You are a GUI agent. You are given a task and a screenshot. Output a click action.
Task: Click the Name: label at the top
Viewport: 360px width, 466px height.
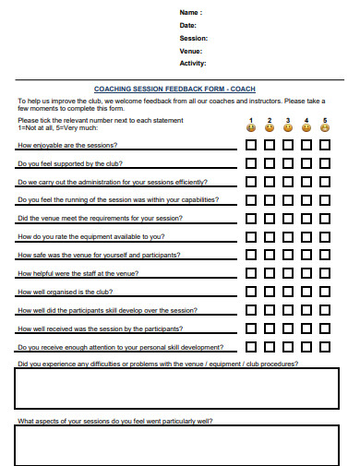[189, 12]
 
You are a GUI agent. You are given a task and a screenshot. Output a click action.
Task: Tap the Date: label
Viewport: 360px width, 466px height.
[188, 25]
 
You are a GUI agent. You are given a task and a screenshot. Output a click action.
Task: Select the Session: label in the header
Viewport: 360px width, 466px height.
[194, 38]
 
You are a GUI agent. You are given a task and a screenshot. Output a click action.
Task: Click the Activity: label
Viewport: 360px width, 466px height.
[194, 64]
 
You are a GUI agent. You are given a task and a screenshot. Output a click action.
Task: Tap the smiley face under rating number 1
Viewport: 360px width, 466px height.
[251, 128]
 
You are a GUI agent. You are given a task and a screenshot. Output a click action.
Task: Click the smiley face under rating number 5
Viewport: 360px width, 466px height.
[325, 128]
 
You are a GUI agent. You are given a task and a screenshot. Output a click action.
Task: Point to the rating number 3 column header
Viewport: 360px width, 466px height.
[288, 120]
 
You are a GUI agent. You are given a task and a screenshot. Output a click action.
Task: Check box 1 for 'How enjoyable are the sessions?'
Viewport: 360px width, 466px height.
[251, 146]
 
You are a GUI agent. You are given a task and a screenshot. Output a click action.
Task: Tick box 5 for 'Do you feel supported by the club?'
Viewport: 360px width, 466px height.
[325, 164]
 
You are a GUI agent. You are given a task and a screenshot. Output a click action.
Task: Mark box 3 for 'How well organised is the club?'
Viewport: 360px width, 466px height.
[288, 292]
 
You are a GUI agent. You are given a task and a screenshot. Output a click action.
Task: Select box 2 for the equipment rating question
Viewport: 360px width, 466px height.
[270, 237]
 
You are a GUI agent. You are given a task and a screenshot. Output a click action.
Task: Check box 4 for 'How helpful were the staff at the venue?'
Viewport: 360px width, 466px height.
[306, 273]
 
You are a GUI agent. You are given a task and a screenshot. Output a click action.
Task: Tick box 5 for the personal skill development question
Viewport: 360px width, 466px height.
[325, 347]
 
